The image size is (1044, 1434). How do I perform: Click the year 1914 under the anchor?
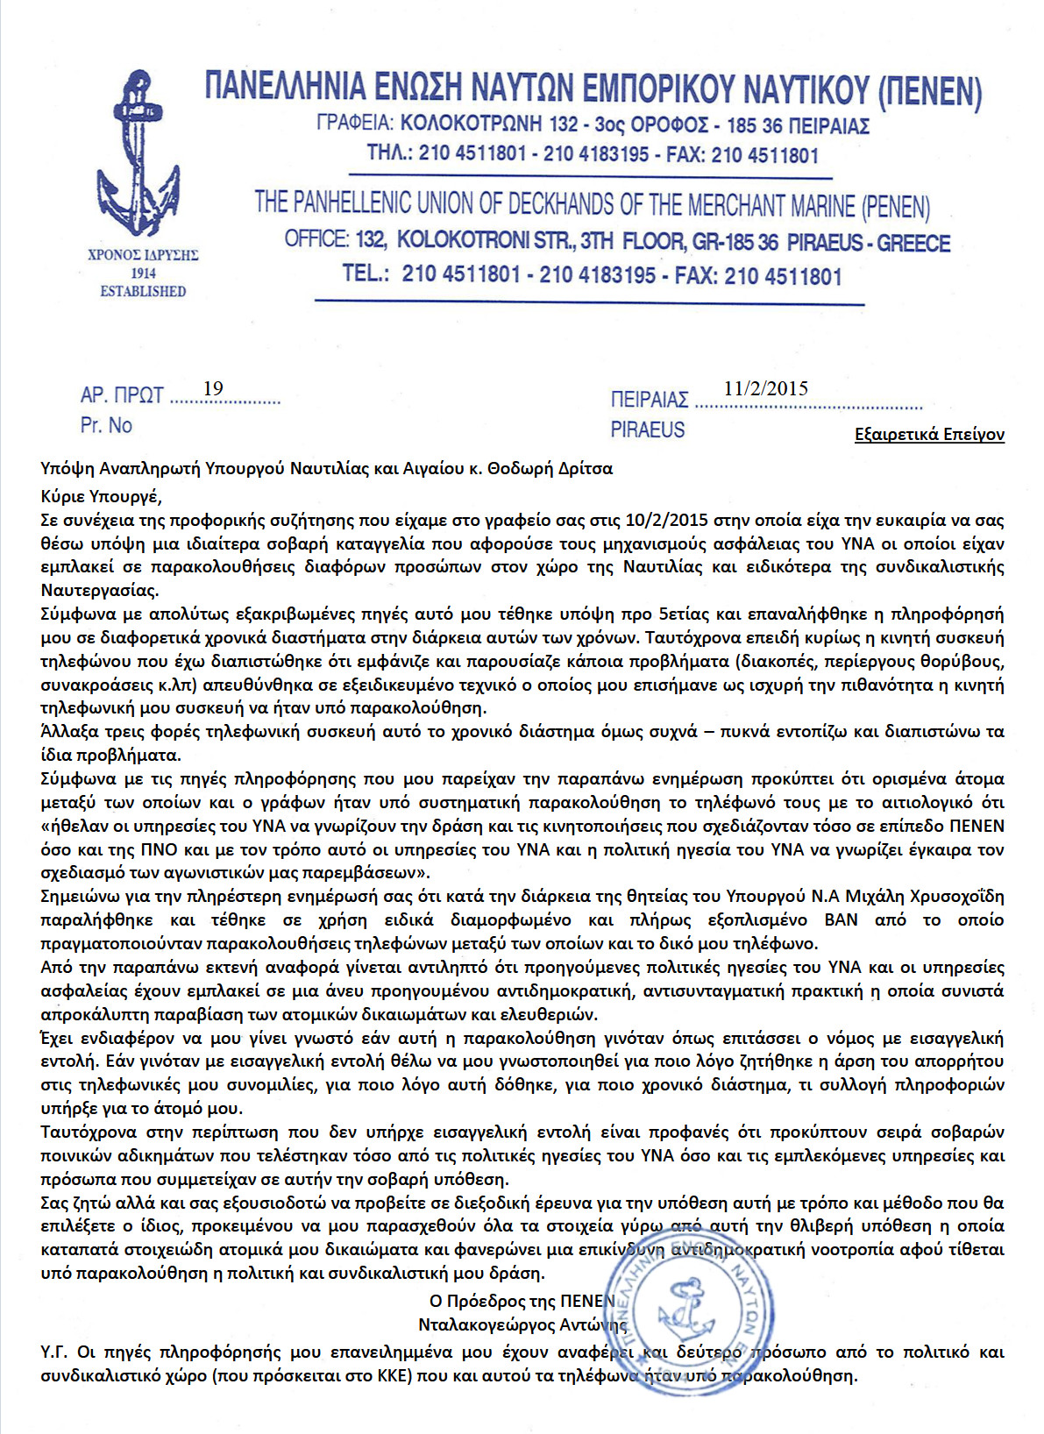tap(143, 273)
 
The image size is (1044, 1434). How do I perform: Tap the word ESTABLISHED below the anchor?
tap(143, 291)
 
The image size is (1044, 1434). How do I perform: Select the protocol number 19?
tap(213, 388)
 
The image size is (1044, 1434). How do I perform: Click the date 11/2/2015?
tap(766, 388)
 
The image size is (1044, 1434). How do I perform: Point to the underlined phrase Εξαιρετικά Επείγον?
tap(929, 435)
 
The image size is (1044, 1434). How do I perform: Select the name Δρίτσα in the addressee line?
tap(586, 469)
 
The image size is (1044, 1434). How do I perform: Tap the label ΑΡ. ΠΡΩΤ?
tap(122, 395)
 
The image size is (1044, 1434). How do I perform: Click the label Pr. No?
tap(106, 426)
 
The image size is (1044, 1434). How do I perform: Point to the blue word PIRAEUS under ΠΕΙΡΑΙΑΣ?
tap(648, 430)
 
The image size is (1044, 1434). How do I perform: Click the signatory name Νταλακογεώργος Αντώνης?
tap(522, 1324)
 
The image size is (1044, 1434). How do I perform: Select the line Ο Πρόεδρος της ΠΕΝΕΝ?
tap(522, 1301)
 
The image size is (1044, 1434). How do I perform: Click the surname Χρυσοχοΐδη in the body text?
tap(952, 897)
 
